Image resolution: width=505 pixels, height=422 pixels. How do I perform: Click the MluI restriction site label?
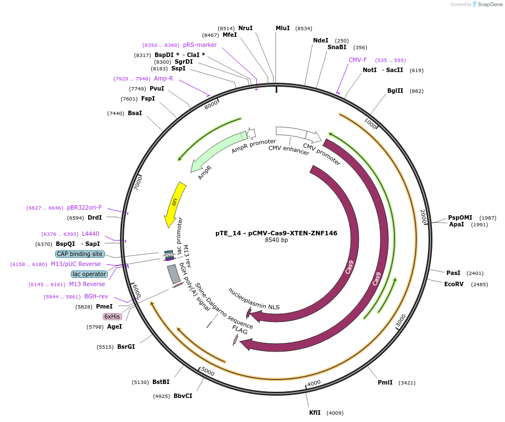coord(282,28)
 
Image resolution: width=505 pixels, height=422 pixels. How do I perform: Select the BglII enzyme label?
coord(395,91)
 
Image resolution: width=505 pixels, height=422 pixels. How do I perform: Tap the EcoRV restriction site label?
coord(454,284)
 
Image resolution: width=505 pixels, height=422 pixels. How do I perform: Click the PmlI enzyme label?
coord(385,383)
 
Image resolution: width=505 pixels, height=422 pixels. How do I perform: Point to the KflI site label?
coord(315,412)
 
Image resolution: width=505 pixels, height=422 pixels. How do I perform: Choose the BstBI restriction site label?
coord(161,382)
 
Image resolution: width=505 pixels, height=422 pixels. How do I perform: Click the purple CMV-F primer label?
coord(358,60)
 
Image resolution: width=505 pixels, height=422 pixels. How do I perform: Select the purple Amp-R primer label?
coord(163,79)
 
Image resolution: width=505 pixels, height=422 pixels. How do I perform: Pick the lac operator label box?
coord(89,274)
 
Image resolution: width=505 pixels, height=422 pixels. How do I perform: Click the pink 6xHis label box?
coord(112,316)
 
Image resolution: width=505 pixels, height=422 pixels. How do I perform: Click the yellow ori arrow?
coord(174,204)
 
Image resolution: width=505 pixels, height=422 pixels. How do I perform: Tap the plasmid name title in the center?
coord(276,233)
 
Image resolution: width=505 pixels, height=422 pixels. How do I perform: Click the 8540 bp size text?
coord(276,240)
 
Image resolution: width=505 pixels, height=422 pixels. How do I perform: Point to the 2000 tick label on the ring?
coord(423,217)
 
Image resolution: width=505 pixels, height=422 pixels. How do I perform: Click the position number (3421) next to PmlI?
coord(407,383)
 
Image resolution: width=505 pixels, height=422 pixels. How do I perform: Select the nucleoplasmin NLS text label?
coord(254,298)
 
